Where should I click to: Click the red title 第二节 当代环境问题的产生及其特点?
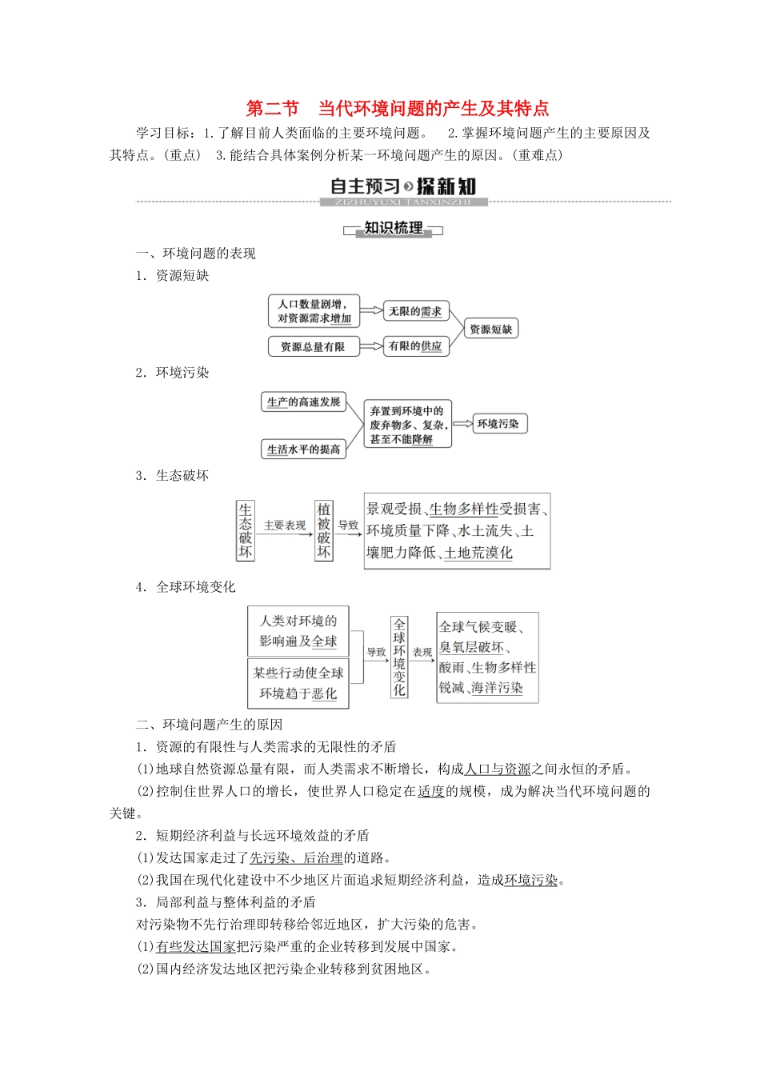(397, 109)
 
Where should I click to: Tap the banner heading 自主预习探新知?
(402, 187)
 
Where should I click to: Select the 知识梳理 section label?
(393, 229)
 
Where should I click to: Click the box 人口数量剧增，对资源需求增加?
(314, 311)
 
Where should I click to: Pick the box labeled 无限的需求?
(415, 311)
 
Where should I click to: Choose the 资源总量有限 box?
(313, 346)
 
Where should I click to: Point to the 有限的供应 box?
(415, 346)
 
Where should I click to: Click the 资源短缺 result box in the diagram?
(490, 329)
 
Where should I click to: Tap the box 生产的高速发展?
(304, 402)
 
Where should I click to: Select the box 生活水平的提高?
(304, 449)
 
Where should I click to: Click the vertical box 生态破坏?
(246, 530)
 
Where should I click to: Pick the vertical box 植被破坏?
(323, 530)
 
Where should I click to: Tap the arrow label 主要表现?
(285, 526)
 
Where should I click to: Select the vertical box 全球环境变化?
(399, 657)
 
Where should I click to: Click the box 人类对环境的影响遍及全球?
(298, 631)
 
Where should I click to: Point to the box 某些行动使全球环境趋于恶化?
(298, 683)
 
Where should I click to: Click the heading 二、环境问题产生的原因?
(210, 725)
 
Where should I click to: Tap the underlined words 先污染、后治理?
(296, 858)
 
